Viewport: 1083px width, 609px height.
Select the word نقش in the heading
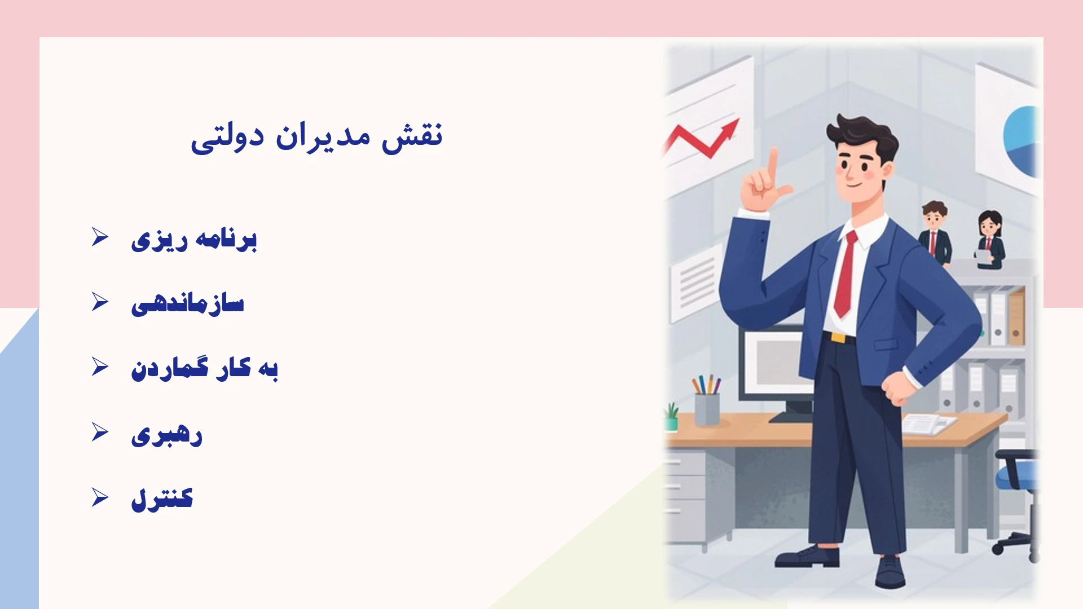[412, 136]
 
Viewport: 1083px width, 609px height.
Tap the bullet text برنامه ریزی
[194, 240]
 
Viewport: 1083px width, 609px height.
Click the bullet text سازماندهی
[188, 303]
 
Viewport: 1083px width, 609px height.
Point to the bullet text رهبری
[166, 435]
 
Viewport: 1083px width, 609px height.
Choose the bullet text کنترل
[162, 499]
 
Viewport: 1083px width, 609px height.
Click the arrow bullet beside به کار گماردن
[100, 367]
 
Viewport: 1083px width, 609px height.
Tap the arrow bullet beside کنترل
[100, 497]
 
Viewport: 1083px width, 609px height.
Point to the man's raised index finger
[772, 164]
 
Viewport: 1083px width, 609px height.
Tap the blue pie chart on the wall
[1021, 140]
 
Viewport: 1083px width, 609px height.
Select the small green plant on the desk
[671, 417]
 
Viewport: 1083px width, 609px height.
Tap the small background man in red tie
[935, 232]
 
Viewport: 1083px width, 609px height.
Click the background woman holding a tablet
[990, 239]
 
